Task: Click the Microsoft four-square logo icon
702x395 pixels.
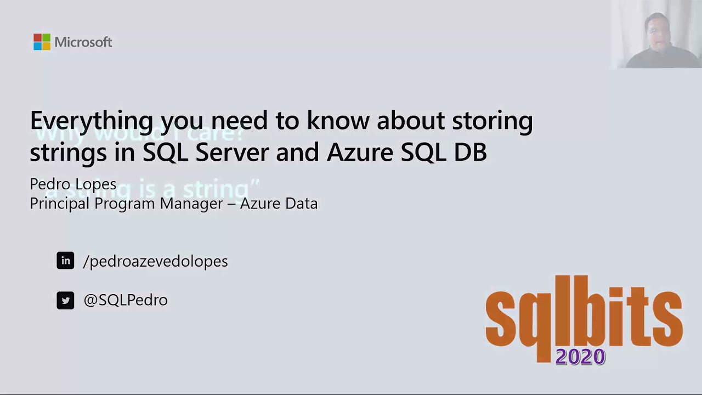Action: point(42,42)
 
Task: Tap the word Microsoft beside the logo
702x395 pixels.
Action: point(83,42)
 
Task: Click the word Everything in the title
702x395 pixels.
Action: point(91,121)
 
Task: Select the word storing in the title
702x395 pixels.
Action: point(492,121)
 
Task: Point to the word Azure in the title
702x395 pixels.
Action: point(360,152)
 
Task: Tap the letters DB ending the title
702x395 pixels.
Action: point(471,152)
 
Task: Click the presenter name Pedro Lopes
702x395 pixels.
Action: point(73,184)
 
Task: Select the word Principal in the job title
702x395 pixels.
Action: point(60,204)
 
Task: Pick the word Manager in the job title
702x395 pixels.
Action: point(189,204)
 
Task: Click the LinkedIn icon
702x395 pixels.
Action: point(65,261)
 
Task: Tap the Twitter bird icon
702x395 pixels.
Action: point(65,300)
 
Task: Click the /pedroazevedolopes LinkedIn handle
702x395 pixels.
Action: point(155,261)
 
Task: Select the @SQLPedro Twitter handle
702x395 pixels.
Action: point(126,300)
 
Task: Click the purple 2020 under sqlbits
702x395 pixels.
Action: point(580,357)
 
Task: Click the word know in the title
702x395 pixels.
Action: point(338,121)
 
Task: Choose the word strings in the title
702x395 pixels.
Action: point(68,153)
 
